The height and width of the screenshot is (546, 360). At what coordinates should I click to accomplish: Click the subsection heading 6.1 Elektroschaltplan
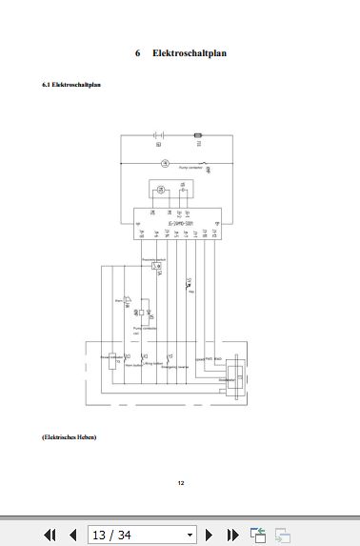(72, 86)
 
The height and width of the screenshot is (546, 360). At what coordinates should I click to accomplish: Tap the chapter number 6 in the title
(138, 52)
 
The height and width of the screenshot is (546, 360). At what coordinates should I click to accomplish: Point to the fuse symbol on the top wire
(198, 136)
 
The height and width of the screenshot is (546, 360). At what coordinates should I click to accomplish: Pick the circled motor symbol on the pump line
(163, 163)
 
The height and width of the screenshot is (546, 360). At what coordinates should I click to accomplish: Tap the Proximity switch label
(154, 258)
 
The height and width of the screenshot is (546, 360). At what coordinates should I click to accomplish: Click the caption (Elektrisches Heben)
(70, 437)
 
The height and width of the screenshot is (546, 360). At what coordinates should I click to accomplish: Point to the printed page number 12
(180, 483)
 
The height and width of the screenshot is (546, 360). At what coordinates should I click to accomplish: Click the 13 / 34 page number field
(141, 535)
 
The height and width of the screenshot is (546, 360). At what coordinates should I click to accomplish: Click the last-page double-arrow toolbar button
(232, 535)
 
